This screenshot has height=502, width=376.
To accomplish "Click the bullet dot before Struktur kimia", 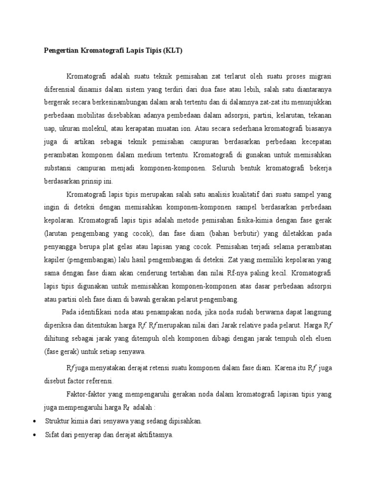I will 34,421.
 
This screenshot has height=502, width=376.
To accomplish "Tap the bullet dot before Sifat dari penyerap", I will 34,434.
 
